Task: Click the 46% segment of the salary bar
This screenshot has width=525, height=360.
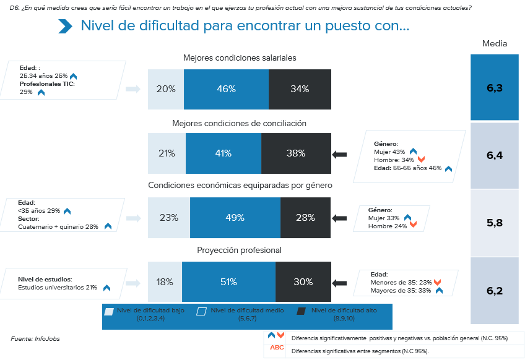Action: point(226,89)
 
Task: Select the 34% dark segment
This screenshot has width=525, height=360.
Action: point(300,89)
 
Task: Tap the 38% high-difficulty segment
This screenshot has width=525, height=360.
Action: point(295,153)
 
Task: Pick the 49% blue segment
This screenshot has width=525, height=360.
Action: point(235,218)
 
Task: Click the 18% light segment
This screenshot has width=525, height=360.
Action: point(165,282)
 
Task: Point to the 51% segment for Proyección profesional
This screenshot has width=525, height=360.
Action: point(228,282)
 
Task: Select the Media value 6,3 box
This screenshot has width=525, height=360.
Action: point(494,88)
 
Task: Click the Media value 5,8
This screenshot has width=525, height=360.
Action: point(494,223)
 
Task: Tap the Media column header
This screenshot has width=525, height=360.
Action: point(495,43)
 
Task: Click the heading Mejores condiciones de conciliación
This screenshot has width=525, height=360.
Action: point(239,123)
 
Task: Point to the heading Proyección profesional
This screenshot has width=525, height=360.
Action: point(239,250)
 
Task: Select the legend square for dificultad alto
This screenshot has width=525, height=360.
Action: point(302,312)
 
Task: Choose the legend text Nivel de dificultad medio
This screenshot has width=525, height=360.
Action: point(243,311)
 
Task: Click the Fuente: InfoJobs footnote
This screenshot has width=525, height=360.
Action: point(35,338)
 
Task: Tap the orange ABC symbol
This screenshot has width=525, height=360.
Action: point(277,348)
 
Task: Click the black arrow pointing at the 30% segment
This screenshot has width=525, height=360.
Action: point(340,283)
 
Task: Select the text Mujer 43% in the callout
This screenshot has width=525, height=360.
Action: point(389,152)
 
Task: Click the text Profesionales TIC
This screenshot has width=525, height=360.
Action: point(47,84)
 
